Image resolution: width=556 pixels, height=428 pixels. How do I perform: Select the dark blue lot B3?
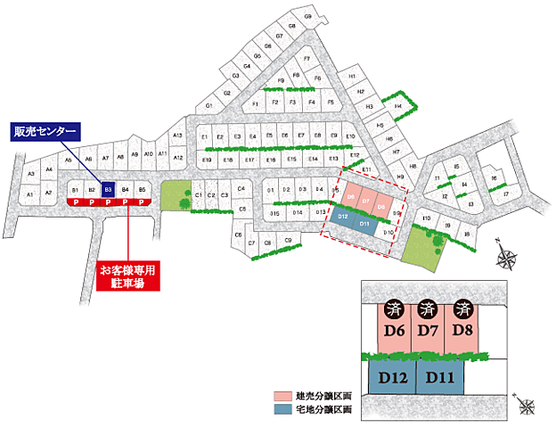tap(108, 190)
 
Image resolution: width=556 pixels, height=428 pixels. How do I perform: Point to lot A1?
tap(29, 193)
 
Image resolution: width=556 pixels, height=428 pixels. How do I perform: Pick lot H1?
tap(354, 78)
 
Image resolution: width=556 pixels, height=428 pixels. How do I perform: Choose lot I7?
tap(505, 193)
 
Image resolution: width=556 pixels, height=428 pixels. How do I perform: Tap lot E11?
tap(365, 168)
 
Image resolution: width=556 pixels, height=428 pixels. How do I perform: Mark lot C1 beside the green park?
tap(199, 193)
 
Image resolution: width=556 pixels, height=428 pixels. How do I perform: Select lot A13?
tap(177, 136)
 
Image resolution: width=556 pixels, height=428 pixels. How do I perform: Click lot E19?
tap(207, 160)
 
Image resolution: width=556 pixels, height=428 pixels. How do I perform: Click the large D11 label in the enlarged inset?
tap(439, 377)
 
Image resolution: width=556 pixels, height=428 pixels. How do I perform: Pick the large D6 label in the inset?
tap(395, 332)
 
